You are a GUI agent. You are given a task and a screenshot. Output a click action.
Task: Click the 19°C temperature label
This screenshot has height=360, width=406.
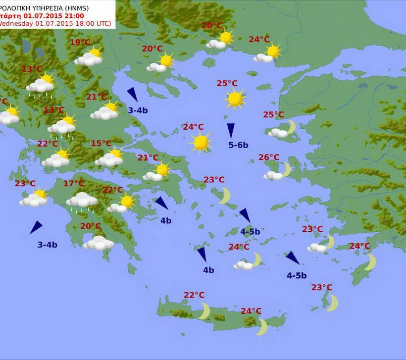80,43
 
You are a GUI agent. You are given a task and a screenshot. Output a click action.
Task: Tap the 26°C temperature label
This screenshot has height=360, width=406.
269,157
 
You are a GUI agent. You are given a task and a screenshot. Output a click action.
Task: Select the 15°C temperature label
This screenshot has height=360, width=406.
101,144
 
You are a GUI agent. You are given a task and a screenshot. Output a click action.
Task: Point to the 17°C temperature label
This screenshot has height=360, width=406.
74,184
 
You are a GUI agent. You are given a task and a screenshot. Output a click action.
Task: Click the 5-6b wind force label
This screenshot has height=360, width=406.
238,145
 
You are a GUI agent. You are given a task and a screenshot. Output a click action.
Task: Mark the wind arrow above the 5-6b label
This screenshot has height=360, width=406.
231,130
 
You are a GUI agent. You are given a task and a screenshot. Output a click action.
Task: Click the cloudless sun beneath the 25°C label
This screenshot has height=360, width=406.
235,99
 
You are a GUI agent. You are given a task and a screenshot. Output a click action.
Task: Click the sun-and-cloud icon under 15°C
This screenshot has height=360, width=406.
110,157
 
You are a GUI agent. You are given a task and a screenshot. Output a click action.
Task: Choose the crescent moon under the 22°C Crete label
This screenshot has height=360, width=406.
204,311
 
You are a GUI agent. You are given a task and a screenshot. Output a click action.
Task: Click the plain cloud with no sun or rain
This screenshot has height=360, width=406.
99,243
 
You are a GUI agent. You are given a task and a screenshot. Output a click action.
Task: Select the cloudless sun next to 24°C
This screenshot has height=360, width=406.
201,142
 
